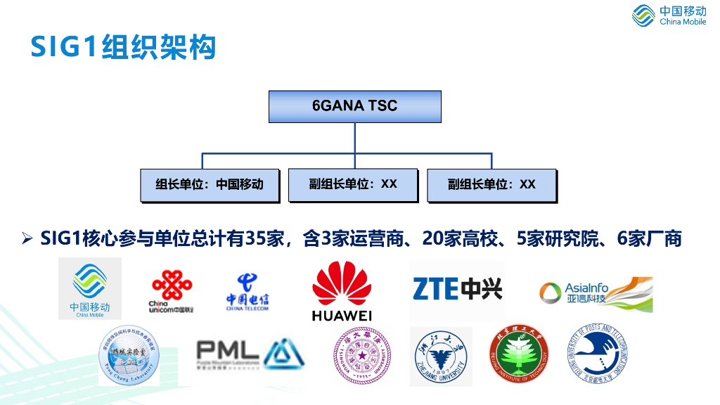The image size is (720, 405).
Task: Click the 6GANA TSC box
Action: [x=354, y=106]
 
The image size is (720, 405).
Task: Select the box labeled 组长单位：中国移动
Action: [x=210, y=185]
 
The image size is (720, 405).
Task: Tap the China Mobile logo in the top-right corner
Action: [x=669, y=15]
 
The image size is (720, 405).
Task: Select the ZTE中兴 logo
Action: [x=457, y=288]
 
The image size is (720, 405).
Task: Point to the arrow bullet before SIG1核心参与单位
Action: [x=27, y=239]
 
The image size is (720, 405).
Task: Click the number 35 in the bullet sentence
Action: [x=256, y=238]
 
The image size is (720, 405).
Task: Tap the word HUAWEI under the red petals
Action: [x=342, y=316]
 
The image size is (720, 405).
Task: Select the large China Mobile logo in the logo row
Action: [x=90, y=288]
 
